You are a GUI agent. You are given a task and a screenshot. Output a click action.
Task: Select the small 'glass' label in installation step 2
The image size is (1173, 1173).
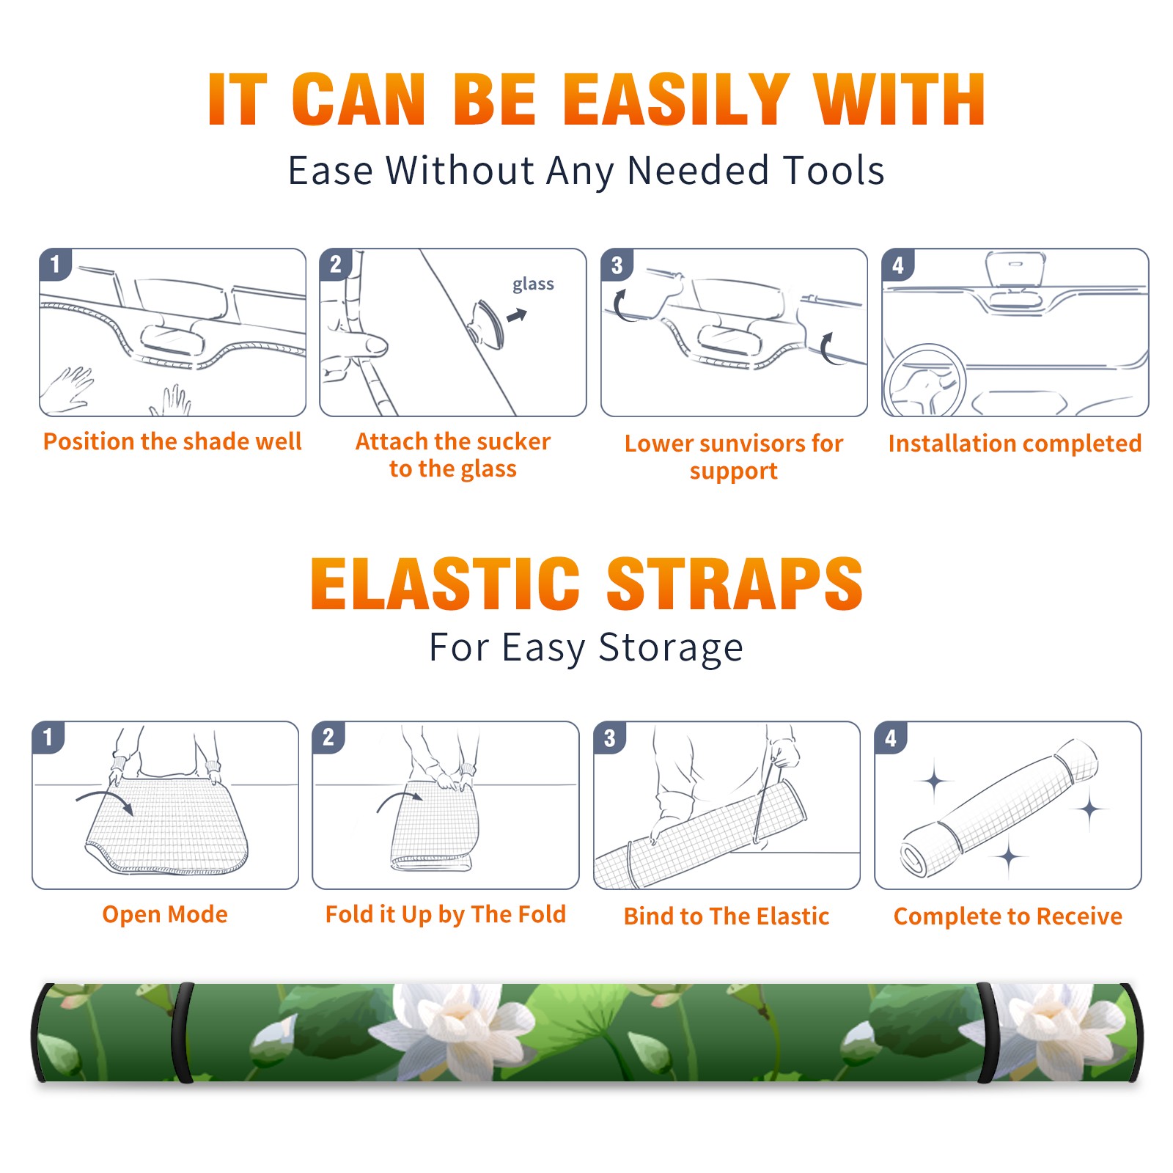click(533, 284)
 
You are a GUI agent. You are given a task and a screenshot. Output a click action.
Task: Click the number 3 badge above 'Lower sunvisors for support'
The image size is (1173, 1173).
click(617, 265)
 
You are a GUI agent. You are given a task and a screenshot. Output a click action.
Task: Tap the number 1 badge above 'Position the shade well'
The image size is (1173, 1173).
click(55, 264)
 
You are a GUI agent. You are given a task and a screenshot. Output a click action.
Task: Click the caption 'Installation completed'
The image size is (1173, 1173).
click(1015, 443)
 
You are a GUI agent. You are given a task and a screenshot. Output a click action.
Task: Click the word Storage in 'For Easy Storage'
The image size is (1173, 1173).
click(671, 648)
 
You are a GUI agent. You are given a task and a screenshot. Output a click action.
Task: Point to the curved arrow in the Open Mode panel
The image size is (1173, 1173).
click(104, 799)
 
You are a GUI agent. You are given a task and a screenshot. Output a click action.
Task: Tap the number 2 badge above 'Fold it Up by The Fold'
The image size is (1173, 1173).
click(328, 737)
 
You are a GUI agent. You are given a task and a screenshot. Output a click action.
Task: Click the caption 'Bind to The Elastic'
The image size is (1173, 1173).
click(726, 916)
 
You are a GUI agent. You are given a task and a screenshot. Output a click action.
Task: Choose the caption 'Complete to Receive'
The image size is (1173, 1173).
click(1007, 916)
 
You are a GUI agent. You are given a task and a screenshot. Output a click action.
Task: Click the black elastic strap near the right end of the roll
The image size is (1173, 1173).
click(987, 1032)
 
